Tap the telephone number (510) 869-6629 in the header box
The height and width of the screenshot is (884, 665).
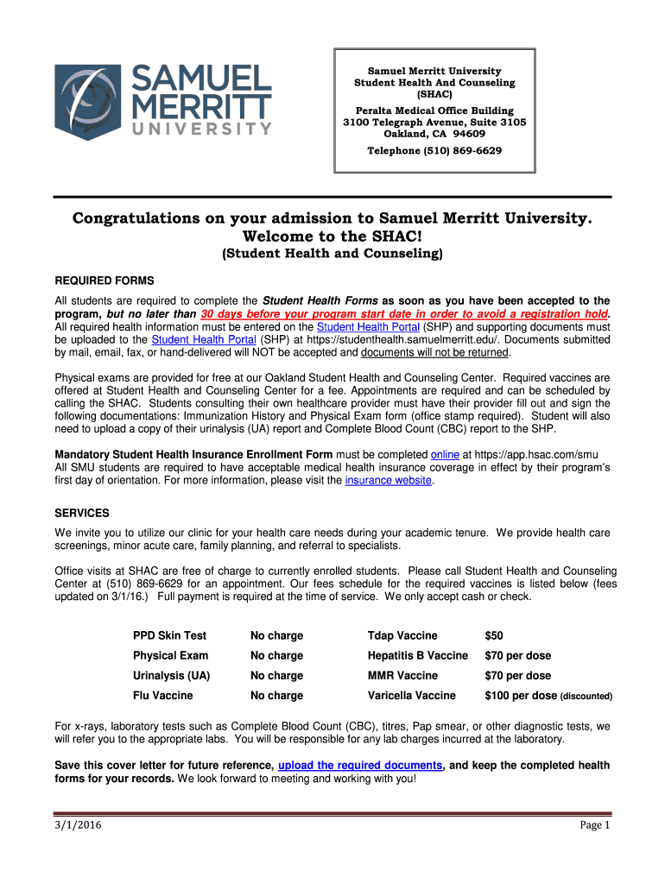[x=434, y=151]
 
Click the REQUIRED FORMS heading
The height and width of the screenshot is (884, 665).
[x=104, y=281]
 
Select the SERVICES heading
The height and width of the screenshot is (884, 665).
[x=82, y=512]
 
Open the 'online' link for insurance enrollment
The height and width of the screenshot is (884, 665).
[x=444, y=454]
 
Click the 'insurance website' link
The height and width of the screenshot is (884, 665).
[x=388, y=480]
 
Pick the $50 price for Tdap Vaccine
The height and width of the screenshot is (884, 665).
[x=494, y=635]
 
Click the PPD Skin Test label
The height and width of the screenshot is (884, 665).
[x=169, y=635]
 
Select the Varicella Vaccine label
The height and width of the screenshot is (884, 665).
[x=411, y=695]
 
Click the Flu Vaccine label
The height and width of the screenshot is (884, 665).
[x=163, y=695]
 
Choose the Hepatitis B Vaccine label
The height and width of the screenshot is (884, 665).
[x=417, y=655]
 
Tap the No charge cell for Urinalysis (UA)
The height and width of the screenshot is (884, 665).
[x=276, y=675]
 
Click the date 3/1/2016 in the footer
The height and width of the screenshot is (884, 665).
[x=76, y=825]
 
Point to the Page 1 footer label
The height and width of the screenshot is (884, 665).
[x=594, y=825]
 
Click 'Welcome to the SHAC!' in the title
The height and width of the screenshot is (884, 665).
[x=332, y=237]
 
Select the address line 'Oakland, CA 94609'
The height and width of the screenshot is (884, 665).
[x=434, y=134]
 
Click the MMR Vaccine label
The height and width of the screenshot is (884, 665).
[x=402, y=675]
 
